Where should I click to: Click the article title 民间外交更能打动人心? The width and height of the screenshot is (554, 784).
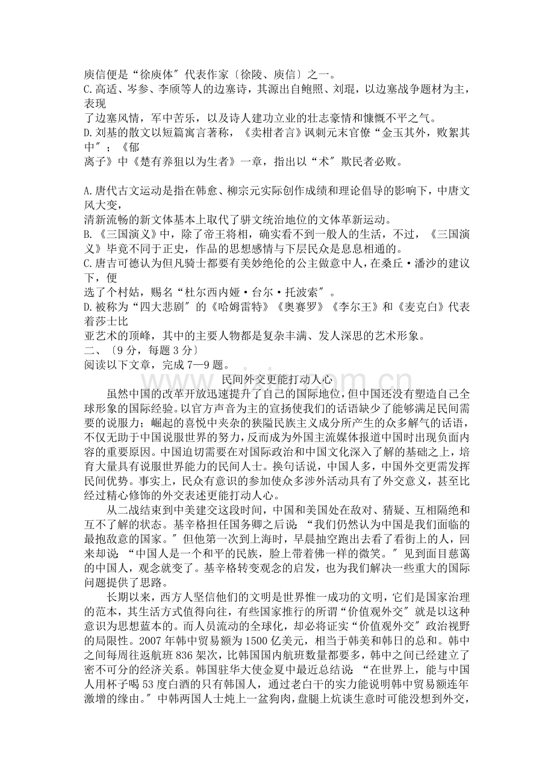[277, 379]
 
